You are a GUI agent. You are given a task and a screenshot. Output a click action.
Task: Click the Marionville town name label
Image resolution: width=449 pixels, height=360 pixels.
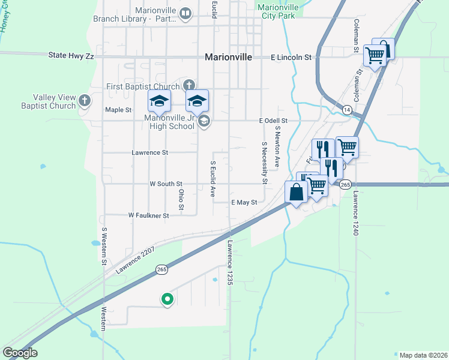(x=228, y=58)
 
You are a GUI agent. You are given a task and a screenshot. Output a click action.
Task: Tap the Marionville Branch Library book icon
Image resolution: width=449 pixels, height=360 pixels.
(x=186, y=13)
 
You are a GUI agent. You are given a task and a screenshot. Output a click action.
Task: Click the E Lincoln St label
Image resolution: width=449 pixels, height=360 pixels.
(x=291, y=58)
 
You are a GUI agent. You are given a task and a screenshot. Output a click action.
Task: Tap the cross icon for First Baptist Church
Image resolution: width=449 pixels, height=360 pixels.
(x=189, y=85)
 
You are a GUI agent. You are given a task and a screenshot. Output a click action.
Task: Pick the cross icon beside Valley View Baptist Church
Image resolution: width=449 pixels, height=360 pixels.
(x=85, y=100)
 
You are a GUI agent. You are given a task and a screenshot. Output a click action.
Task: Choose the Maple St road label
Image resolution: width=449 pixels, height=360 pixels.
(x=118, y=110)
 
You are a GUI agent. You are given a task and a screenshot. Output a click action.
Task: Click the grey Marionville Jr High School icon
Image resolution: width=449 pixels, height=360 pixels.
(x=204, y=122)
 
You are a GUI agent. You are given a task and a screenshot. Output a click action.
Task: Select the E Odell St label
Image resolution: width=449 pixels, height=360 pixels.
(x=274, y=121)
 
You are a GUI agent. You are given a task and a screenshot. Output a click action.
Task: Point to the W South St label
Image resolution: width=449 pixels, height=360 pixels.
(x=166, y=184)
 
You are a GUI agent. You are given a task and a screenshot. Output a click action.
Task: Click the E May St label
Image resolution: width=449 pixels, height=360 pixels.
(x=244, y=203)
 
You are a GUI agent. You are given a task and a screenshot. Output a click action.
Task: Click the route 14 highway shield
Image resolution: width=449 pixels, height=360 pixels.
(x=347, y=109)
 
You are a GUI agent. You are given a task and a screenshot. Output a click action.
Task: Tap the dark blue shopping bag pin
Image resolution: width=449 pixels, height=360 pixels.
(x=297, y=193)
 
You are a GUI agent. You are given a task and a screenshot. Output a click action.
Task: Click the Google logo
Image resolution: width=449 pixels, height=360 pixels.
(x=20, y=353)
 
